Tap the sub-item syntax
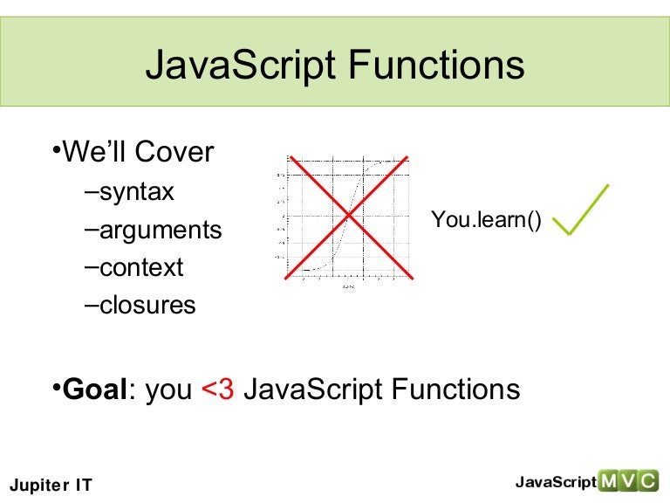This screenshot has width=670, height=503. (x=137, y=191)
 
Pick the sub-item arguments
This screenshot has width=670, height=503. (x=161, y=230)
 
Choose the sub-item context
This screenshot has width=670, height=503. (x=141, y=267)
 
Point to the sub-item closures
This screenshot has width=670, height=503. (x=147, y=306)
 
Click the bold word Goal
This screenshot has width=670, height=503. (x=95, y=389)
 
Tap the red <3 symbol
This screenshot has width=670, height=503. (x=218, y=389)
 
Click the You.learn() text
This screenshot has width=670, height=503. (x=486, y=221)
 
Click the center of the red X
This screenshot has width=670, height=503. (x=349, y=216)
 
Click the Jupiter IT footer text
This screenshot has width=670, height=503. (x=50, y=485)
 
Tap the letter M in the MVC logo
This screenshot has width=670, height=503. (x=607, y=481)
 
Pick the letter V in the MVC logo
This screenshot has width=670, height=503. (x=628, y=481)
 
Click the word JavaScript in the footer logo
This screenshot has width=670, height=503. (x=555, y=482)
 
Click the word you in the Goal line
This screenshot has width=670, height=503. (x=168, y=390)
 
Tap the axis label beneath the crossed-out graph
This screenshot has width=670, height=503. (x=348, y=286)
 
